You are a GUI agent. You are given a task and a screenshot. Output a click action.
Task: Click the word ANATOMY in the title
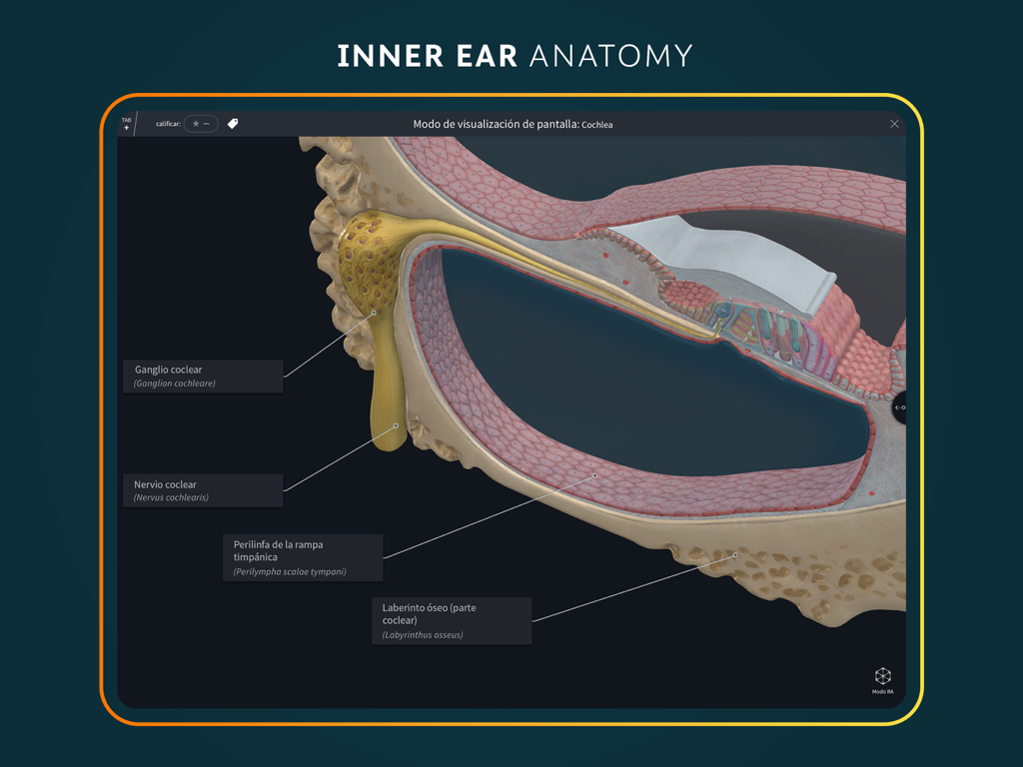(610, 55)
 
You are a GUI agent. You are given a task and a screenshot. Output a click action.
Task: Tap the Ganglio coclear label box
(203, 376)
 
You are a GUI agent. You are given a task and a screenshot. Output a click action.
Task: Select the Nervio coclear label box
(203, 490)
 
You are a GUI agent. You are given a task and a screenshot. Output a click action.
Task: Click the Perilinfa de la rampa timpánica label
(302, 557)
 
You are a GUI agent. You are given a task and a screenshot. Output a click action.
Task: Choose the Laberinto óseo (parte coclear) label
(452, 620)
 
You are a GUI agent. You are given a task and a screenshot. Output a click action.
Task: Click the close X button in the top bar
(894, 124)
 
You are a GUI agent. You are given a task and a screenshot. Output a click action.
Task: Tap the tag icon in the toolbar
(233, 124)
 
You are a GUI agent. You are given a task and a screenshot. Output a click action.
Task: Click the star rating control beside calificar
(201, 124)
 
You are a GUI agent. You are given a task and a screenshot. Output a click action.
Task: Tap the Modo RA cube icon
(882, 677)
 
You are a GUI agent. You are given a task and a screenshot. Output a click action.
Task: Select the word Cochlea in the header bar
(597, 125)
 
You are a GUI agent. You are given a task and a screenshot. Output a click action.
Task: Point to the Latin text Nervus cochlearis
(171, 497)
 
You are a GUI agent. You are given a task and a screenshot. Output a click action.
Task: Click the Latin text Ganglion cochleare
(175, 383)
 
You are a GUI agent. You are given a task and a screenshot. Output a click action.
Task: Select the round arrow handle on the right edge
(899, 407)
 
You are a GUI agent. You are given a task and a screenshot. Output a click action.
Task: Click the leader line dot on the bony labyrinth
(736, 555)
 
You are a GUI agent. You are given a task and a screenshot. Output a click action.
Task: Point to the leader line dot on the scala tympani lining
(595, 475)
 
